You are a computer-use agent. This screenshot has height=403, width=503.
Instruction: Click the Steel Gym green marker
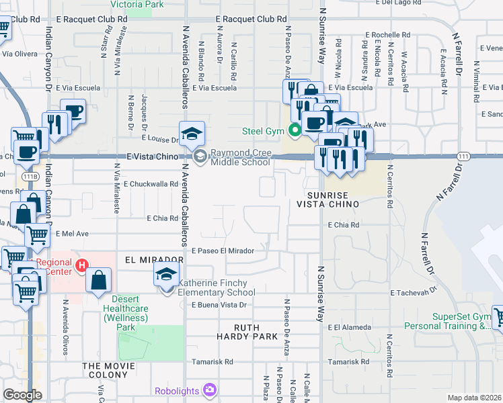(294, 130)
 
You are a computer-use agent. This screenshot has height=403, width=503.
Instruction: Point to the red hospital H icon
(82, 266)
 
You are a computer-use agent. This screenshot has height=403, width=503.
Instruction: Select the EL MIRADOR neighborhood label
(154, 259)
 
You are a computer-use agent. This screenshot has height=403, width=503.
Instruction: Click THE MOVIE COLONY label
(108, 366)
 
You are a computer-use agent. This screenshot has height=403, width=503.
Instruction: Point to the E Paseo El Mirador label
(223, 251)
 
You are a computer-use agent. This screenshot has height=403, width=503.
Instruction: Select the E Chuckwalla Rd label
(150, 183)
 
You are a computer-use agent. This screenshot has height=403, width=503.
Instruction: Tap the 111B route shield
(29, 176)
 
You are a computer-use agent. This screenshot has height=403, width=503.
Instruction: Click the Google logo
(22, 395)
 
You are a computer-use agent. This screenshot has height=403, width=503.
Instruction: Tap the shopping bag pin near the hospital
(98, 280)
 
